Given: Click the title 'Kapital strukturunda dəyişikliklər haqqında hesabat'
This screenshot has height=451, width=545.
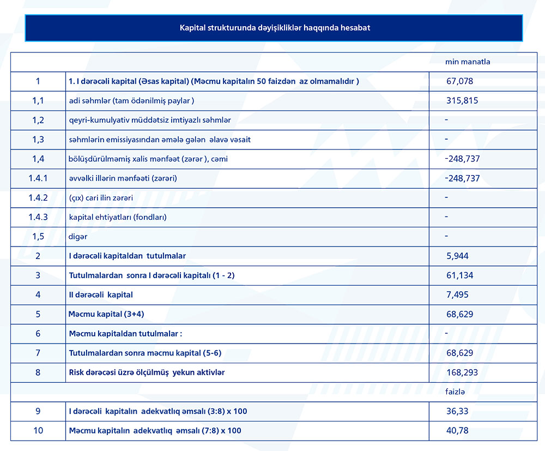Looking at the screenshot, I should (x=275, y=27).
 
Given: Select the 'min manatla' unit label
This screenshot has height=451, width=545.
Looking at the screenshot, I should (x=468, y=62).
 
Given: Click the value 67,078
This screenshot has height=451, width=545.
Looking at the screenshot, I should (x=459, y=81).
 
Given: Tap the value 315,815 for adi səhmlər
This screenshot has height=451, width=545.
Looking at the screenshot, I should (x=462, y=100).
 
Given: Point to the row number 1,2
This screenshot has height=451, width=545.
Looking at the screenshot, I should (x=38, y=120).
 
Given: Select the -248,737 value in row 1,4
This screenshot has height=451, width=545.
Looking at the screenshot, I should (x=462, y=159).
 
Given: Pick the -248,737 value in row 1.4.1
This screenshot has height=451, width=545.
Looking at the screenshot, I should (x=462, y=178).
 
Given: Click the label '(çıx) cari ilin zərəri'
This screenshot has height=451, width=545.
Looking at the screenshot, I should (x=101, y=197).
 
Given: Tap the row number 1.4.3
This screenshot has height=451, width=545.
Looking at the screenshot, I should (x=38, y=217).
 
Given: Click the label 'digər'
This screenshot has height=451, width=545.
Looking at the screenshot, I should (x=78, y=237).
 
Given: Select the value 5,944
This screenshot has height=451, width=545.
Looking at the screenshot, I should (x=457, y=256).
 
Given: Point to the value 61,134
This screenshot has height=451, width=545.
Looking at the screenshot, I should (x=459, y=275).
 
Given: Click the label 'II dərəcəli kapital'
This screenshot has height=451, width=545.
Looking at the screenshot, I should (x=101, y=295).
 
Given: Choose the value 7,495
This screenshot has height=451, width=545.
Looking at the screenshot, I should (x=457, y=295).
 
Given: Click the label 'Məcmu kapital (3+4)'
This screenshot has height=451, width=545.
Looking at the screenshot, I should (x=106, y=314).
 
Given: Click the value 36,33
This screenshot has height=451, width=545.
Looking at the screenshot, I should (x=457, y=411).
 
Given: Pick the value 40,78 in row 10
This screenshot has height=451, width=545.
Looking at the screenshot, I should (x=457, y=431).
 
